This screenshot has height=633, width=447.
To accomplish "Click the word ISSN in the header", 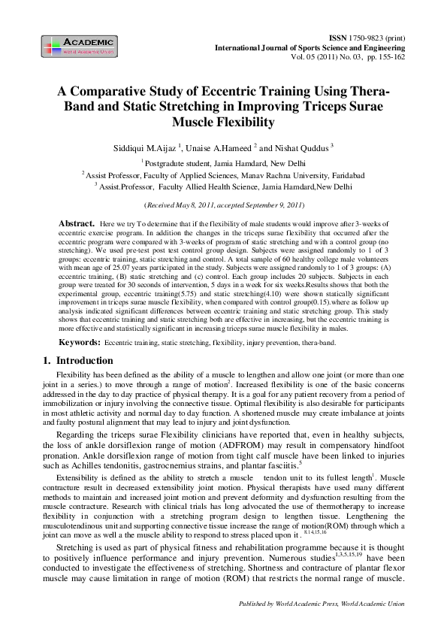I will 340,37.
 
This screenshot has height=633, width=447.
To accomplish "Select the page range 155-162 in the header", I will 392,56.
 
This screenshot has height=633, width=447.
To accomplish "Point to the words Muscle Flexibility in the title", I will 223,122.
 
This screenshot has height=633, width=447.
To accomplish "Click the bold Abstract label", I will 76,224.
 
